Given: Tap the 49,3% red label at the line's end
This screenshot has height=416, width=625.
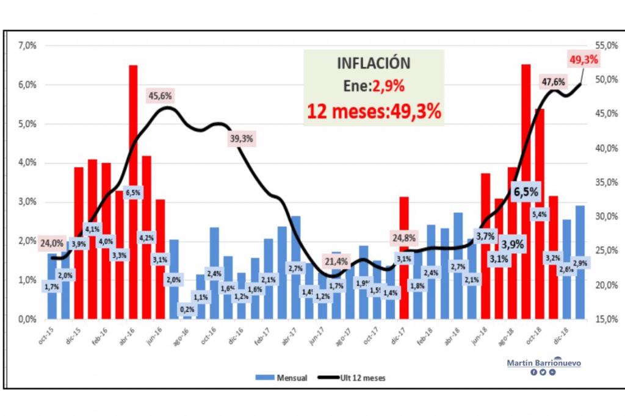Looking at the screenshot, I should click(583, 59).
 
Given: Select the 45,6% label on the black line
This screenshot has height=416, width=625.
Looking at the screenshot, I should click(161, 95).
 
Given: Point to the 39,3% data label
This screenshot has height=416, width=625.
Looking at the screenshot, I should click(241, 138).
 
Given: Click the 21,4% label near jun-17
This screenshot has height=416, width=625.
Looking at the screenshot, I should click(336, 262).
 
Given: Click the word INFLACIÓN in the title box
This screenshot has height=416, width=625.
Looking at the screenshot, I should click(374, 63).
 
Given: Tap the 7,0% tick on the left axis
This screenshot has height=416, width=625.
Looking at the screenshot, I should click(27, 46).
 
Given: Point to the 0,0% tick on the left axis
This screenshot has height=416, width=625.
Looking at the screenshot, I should click(27, 319).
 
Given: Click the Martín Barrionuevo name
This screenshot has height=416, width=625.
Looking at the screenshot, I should click(544, 363).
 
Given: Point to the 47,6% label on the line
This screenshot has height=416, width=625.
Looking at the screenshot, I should click(553, 82).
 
